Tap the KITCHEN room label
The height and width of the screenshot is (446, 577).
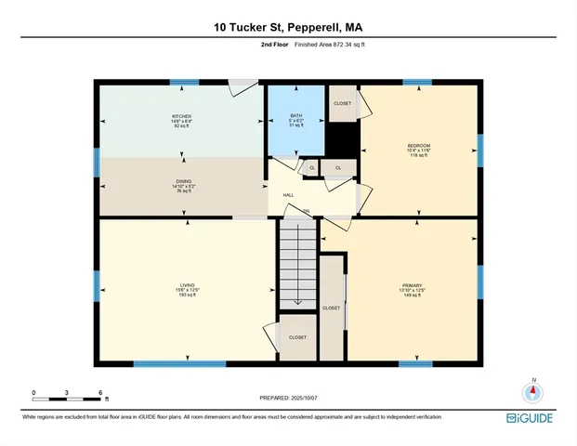point(181,115)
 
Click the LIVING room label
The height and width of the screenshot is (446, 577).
point(188,284)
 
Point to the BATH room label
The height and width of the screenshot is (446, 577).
point(295,115)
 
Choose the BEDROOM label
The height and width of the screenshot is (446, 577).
point(418,146)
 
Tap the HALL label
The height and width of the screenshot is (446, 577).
point(289,195)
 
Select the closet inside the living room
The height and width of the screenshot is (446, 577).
point(297,338)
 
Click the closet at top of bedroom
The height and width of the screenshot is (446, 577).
point(342,103)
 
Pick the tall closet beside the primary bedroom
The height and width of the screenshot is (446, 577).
point(332,308)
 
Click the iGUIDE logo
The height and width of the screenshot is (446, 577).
point(531,419)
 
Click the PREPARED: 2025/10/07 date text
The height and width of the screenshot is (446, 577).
point(289,398)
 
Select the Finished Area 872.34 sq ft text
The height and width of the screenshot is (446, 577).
point(322,45)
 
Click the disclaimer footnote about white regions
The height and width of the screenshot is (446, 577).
point(231,417)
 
